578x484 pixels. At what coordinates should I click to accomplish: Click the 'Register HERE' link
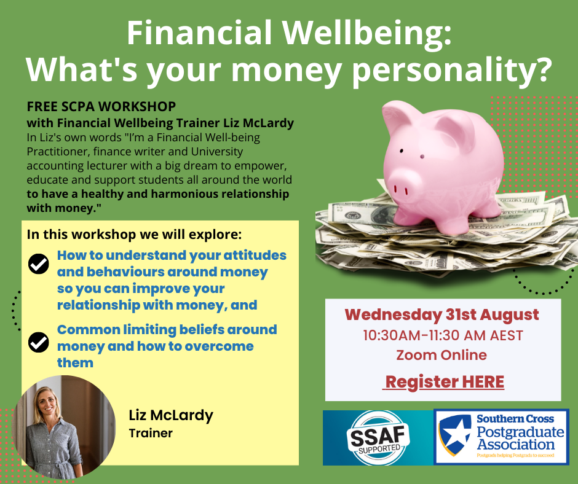click(445, 382)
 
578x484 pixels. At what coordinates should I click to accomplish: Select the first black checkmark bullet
click(38, 263)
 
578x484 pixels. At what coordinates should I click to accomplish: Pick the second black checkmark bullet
click(38, 342)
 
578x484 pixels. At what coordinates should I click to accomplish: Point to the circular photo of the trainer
click(63, 427)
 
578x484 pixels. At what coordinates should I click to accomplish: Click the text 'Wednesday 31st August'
click(441, 315)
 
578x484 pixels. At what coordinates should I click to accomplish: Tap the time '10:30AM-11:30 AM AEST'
click(443, 335)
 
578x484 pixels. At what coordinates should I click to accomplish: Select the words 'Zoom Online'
click(441, 355)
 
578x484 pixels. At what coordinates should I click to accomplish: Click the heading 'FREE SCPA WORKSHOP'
click(101, 106)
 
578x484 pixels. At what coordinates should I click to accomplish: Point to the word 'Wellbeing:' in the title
click(366, 33)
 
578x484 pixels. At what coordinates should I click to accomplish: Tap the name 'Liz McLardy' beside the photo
click(171, 415)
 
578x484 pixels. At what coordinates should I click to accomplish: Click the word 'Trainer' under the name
click(151, 433)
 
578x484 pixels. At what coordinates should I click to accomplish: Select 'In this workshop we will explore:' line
click(134, 235)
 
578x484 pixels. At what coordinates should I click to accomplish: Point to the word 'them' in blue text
click(75, 363)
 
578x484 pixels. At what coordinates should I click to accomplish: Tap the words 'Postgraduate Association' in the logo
click(520, 438)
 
